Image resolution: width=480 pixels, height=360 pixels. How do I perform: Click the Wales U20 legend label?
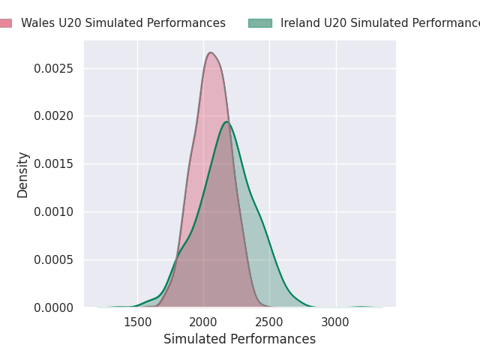coord(123,23)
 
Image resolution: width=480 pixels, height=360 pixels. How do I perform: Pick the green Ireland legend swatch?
coord(259,23)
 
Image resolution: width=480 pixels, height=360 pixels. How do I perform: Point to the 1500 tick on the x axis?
coord(137,322)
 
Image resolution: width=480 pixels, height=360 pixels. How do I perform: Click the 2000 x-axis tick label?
coord(203,322)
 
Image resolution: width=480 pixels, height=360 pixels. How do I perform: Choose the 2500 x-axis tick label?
coord(269,322)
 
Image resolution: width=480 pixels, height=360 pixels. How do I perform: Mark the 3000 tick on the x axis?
coord(336,322)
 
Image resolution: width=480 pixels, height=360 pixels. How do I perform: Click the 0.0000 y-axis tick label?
coord(54,307)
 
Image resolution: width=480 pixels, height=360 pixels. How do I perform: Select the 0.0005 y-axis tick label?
coord(54,259)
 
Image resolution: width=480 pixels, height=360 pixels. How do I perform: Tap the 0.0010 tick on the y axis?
coord(54,211)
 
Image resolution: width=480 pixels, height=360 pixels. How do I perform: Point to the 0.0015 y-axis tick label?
coord(54,163)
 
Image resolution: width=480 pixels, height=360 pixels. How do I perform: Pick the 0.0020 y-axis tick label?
coord(54,115)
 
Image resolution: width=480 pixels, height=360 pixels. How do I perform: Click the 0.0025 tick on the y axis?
coord(54,68)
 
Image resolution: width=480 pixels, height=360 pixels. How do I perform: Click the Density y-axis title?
coord(23,175)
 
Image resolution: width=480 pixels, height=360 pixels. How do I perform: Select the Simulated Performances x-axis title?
coord(240,339)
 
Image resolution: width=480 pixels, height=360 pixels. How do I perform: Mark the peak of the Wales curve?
coord(211,52)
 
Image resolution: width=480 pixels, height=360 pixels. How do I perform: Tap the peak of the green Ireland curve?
coord(226,122)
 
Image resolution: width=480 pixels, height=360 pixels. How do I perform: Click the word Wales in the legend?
coord(36,23)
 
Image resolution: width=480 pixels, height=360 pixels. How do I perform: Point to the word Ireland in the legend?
coord(298,23)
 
